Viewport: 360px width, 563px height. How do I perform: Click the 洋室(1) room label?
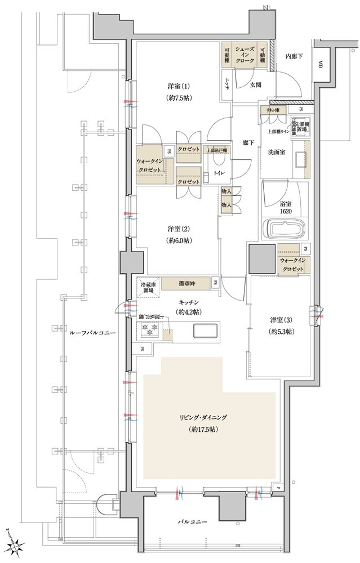(178, 86)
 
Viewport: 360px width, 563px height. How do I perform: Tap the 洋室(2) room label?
(178, 229)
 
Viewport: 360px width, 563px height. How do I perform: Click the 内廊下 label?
(294, 56)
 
